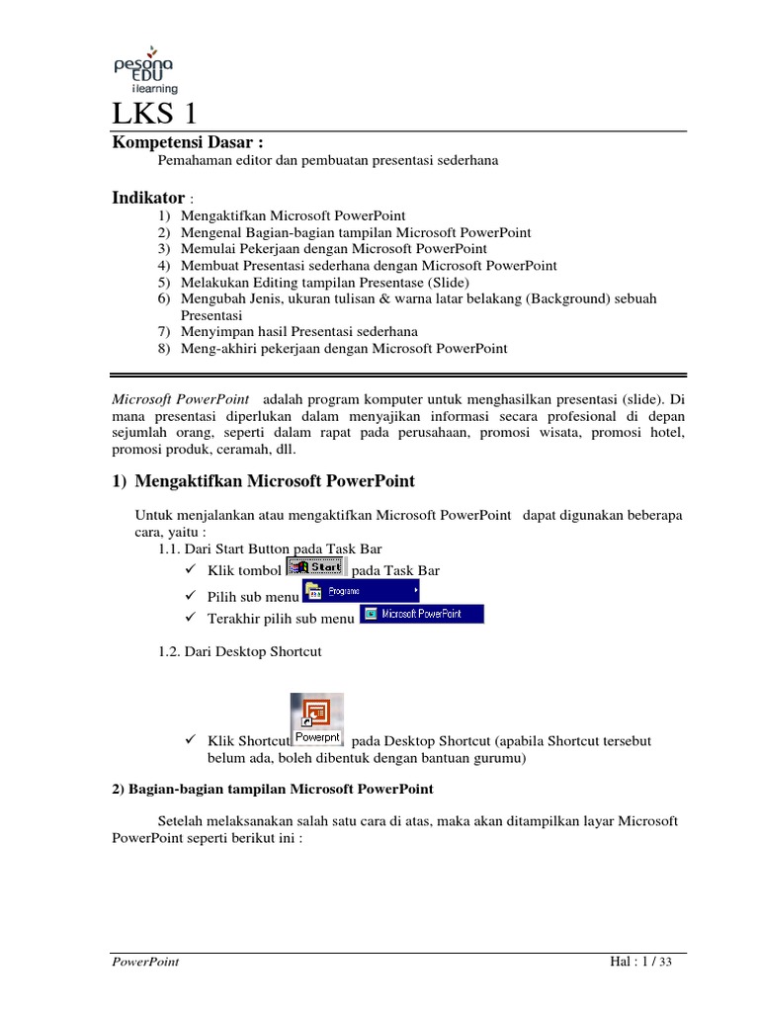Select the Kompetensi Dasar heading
click(x=188, y=142)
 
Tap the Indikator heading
click(x=148, y=198)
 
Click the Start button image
click(x=315, y=567)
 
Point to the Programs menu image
click(x=360, y=591)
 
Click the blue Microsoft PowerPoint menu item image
click(x=422, y=614)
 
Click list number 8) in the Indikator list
click(x=164, y=348)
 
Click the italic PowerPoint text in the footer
click(x=144, y=962)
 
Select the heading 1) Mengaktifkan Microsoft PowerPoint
click(x=263, y=481)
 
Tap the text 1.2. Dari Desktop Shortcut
click(x=240, y=651)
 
